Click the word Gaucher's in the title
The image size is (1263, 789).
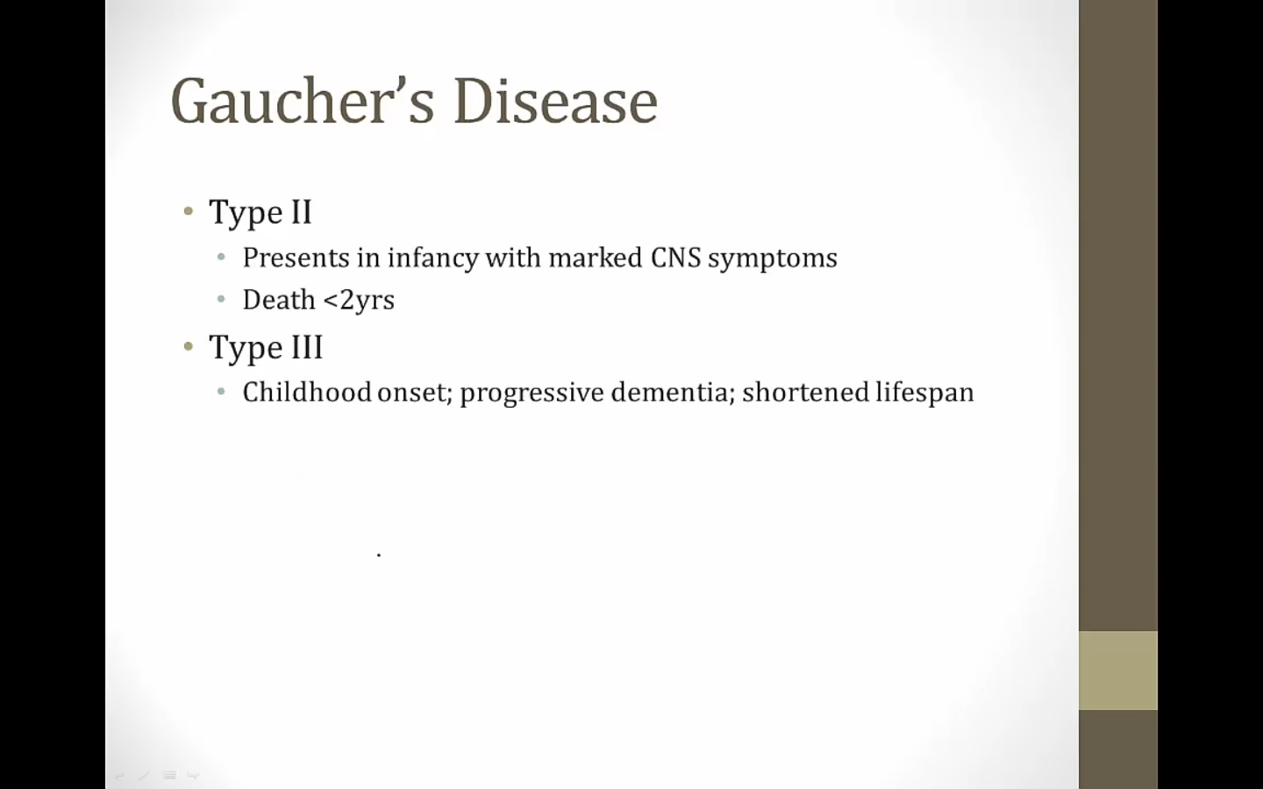[303, 101]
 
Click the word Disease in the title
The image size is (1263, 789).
[556, 101]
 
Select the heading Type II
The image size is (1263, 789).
[260, 213]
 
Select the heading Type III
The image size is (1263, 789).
[266, 348]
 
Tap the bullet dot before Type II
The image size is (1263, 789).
[189, 212]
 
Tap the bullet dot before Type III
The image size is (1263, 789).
[189, 346]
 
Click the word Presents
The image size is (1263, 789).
[296, 258]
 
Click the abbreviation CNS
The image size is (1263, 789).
[675, 258]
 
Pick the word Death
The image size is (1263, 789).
[279, 299]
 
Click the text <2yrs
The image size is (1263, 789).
[360, 301]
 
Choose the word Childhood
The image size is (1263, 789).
[307, 392]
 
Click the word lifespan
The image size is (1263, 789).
[924, 393]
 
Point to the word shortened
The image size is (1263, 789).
[805, 392]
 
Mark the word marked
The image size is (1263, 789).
[596, 258]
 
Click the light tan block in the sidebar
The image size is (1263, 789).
[1118, 671]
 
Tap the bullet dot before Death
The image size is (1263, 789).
[221, 299]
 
